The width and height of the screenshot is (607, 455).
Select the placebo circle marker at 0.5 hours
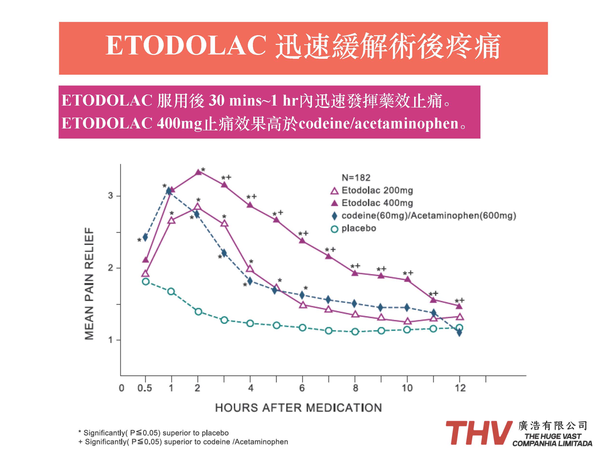click(x=146, y=282)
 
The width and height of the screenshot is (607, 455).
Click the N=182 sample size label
click(x=356, y=178)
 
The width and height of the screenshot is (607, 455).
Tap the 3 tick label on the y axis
click(x=111, y=196)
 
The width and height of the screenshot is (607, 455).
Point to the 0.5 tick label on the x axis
click(x=145, y=388)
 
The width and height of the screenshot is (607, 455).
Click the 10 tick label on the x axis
click(x=407, y=388)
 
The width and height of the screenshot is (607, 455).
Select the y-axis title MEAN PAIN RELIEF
click(x=89, y=284)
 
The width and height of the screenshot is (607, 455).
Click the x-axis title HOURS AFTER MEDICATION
click(x=298, y=408)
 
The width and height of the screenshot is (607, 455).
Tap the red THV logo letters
click(x=479, y=433)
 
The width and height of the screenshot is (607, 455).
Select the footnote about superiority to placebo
click(x=153, y=433)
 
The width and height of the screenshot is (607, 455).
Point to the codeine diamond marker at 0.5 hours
click(x=145, y=237)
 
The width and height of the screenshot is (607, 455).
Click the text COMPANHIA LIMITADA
click(x=552, y=443)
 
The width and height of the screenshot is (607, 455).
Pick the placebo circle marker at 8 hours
click(x=355, y=332)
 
